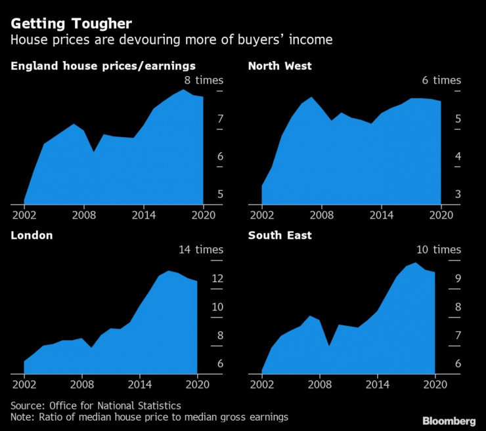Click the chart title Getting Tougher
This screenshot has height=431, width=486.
[x=71, y=24]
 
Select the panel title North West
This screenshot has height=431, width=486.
[x=280, y=66]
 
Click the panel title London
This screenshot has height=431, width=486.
[x=32, y=235]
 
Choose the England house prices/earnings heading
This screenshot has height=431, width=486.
[x=103, y=66]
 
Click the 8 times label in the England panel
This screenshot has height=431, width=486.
[x=204, y=80]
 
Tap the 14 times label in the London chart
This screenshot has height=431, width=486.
[x=201, y=249]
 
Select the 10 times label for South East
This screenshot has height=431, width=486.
[x=439, y=249]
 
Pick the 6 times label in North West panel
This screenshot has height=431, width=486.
[x=441, y=80]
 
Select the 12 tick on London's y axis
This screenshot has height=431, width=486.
[x=217, y=279]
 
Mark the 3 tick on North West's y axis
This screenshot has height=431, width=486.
[x=458, y=194]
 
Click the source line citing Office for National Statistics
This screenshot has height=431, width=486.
[x=96, y=405]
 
